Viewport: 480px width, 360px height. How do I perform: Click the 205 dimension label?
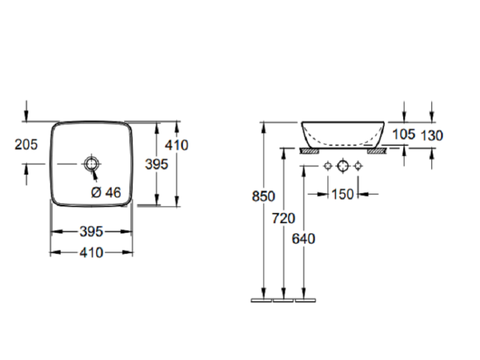tap(26, 145)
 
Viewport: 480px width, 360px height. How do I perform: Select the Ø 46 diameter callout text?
tap(106, 192)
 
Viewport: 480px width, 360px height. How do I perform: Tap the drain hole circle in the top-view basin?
tap(92, 164)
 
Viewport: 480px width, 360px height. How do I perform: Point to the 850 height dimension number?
tap(263, 196)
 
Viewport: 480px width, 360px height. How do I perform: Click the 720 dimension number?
tap(284, 218)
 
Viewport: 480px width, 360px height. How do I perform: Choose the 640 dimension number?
tap(303, 239)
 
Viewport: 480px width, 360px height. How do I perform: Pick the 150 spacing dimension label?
tap(342, 194)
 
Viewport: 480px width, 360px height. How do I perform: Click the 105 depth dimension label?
tap(404, 134)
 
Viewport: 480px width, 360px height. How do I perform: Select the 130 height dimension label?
tap(431, 135)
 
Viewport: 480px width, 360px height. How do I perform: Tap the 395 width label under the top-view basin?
tap(92, 231)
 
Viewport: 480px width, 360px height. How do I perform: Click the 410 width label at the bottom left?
tap(92, 253)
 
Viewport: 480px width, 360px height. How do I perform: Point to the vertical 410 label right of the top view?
tap(177, 145)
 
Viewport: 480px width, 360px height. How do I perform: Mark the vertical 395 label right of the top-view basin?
tap(156, 164)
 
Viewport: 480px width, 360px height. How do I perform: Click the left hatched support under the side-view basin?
tap(310, 151)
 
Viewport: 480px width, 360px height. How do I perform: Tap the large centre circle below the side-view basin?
tap(342, 166)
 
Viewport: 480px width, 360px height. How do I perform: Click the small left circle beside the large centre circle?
tap(328, 166)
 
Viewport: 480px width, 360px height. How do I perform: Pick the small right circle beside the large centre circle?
tap(358, 166)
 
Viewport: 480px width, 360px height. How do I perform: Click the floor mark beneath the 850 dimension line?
tap(261, 301)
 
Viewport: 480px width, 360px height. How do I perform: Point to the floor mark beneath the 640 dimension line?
tap(305, 301)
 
